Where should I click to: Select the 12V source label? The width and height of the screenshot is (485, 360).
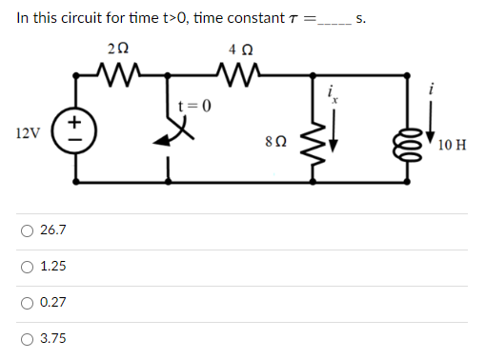click(29, 132)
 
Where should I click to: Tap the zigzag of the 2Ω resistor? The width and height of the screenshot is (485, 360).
click(121, 71)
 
